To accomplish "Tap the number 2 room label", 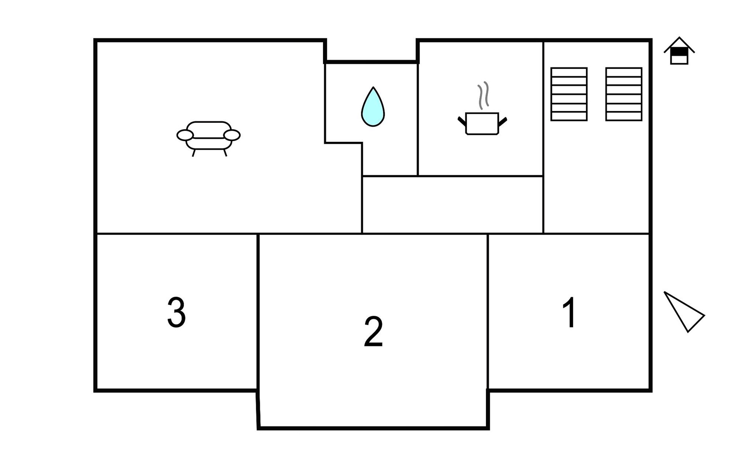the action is coord(373,331).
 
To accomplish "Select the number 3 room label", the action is coord(176,312).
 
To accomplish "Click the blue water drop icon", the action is coord(373,107).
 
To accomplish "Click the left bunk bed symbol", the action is coord(569,94).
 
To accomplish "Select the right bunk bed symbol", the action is coord(624,94).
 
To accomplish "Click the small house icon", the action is coord(679,51).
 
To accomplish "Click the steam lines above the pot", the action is coord(483,95).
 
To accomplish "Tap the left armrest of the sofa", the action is coord(185,135).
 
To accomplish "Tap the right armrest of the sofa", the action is coord(232,135).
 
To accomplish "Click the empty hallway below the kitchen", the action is coord(452,205).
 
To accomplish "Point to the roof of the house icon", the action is coord(679,45).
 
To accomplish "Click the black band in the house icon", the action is coord(679,52).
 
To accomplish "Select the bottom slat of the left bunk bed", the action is coord(569,116).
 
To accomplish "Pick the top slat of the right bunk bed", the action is coord(624,72).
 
